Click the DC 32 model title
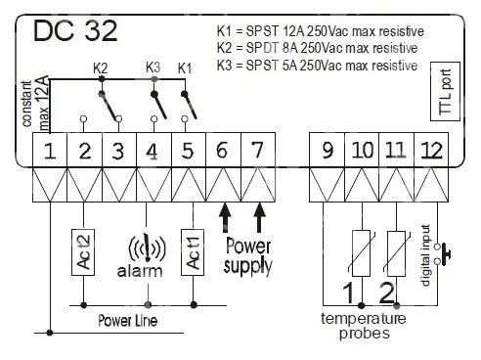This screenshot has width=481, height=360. point(75,30)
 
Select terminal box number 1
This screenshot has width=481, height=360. point(50,150)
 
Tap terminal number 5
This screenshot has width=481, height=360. point(189,150)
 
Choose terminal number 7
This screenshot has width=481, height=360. point(258,150)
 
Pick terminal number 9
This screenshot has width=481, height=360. point(327,150)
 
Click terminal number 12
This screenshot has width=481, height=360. point(431,150)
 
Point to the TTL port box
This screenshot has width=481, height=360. point(445,91)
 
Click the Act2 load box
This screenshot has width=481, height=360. point(83,252)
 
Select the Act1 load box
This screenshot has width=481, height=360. point(193,252)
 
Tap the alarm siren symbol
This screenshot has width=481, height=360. point(148,248)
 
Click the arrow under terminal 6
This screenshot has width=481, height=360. point(225,217)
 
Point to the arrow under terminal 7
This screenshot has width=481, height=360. point(259,217)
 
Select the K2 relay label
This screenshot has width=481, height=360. point(100,68)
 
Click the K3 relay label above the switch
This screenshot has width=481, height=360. point(153,67)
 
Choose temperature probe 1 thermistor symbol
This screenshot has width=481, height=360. point(362,253)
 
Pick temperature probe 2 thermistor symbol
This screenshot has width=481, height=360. point(397,253)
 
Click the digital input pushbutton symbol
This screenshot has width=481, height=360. point(442,253)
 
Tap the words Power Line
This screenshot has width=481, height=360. point(128,321)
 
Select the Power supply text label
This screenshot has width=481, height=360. point(247,256)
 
